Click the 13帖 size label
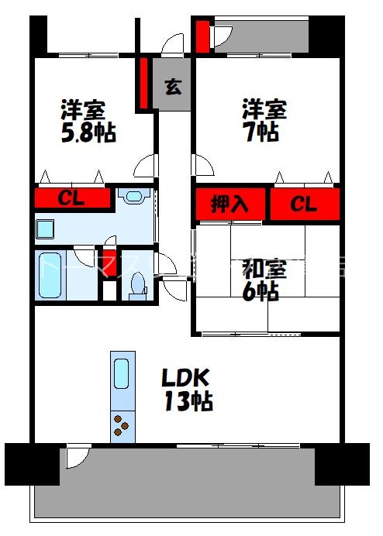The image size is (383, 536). pyautogui.click(x=188, y=401)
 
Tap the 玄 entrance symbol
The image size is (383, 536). pyautogui.click(x=174, y=87)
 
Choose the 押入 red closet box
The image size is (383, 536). pyautogui.click(x=230, y=204)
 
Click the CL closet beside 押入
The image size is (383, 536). pyautogui.click(x=304, y=204)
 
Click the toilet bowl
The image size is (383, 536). pyautogui.click(x=138, y=286)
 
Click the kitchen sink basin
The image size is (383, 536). pyautogui.click(x=122, y=373)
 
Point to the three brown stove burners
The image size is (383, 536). pyautogui.click(x=122, y=426)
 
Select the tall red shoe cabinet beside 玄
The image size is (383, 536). pyautogui.click(x=144, y=83)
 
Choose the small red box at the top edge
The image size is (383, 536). pyautogui.click(x=202, y=36)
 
